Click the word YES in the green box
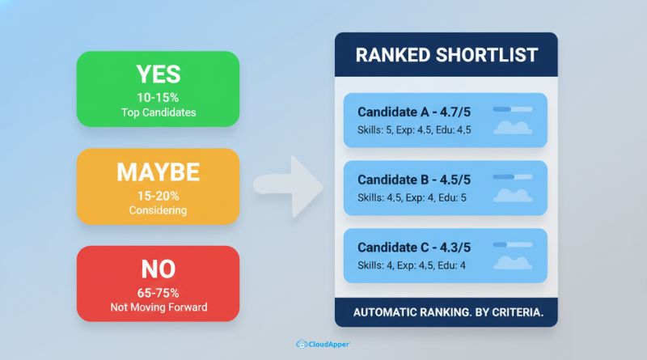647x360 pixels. coord(158,74)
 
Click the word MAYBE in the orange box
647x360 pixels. coord(158,172)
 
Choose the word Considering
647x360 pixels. coord(158,210)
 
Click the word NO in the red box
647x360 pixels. coord(158,269)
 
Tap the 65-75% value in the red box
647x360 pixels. coord(158,292)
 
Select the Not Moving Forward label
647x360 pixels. coord(158,307)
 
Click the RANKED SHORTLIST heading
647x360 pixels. coord(446,56)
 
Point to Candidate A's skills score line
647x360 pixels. coord(414,129)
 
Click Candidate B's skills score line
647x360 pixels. coord(414,197)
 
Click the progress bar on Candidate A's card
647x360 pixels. coord(512,108)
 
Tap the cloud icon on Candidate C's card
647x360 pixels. coord(513,263)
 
